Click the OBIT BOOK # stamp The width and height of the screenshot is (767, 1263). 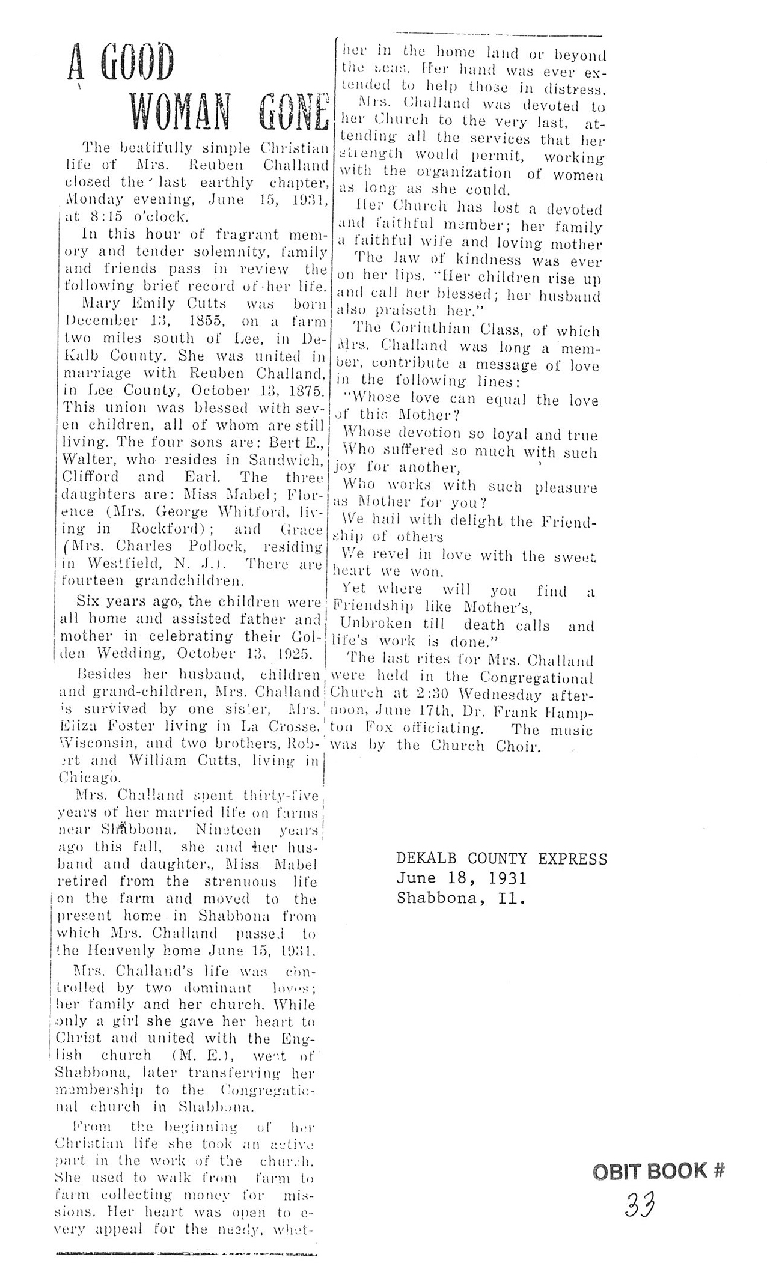click(659, 1171)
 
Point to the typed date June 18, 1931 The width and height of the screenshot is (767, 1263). click(461, 878)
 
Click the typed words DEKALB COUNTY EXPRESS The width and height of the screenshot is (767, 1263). click(501, 859)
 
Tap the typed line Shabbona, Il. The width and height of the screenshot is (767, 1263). click(461, 898)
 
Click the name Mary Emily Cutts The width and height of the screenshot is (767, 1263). click(152, 303)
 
